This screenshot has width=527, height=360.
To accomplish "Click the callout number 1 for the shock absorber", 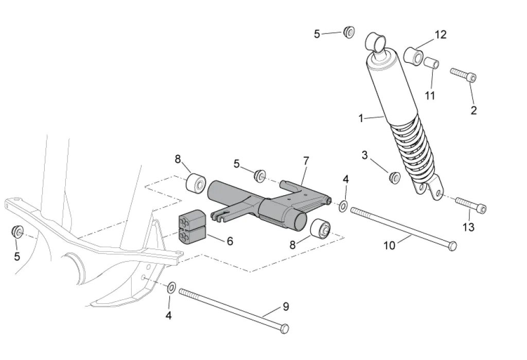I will (x=361, y=118).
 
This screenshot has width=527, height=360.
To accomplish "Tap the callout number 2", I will (x=473, y=110).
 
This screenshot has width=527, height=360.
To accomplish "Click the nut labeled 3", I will (x=395, y=177).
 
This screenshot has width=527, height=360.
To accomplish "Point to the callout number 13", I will (x=468, y=227).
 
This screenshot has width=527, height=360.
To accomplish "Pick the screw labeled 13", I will (x=470, y=204).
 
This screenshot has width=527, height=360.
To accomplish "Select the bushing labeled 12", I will (x=413, y=54).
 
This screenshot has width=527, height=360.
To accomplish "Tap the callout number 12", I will (x=441, y=35).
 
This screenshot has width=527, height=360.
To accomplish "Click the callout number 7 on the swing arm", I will (x=306, y=161).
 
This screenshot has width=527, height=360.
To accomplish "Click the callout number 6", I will (x=230, y=241).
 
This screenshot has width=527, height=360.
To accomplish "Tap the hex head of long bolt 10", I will (x=452, y=246).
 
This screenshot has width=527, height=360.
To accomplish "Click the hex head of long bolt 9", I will (x=285, y=328).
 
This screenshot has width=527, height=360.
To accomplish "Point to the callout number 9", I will (x=286, y=307).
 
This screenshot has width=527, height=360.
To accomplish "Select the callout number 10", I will (x=390, y=246).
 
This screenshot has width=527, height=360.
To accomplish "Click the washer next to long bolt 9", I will (x=171, y=287).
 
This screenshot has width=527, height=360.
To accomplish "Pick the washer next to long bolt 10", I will (x=343, y=206).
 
